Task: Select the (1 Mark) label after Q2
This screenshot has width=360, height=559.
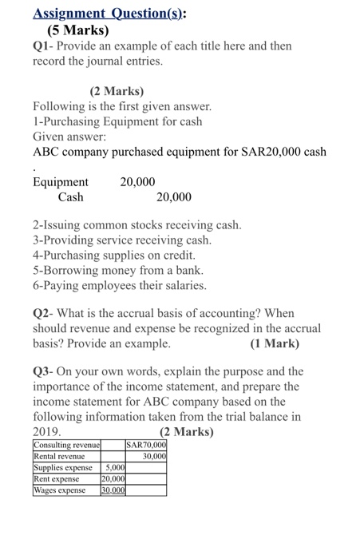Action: pos(275,344)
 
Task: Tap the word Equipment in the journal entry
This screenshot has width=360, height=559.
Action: pos(61,183)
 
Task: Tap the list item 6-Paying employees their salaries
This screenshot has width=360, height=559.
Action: pos(120,285)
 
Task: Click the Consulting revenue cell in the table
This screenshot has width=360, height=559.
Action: pos(66,446)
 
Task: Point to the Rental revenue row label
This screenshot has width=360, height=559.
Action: pos(60,457)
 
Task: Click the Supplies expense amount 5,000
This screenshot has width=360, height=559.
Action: pos(116,468)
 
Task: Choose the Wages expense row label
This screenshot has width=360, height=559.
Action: pos(61,490)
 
